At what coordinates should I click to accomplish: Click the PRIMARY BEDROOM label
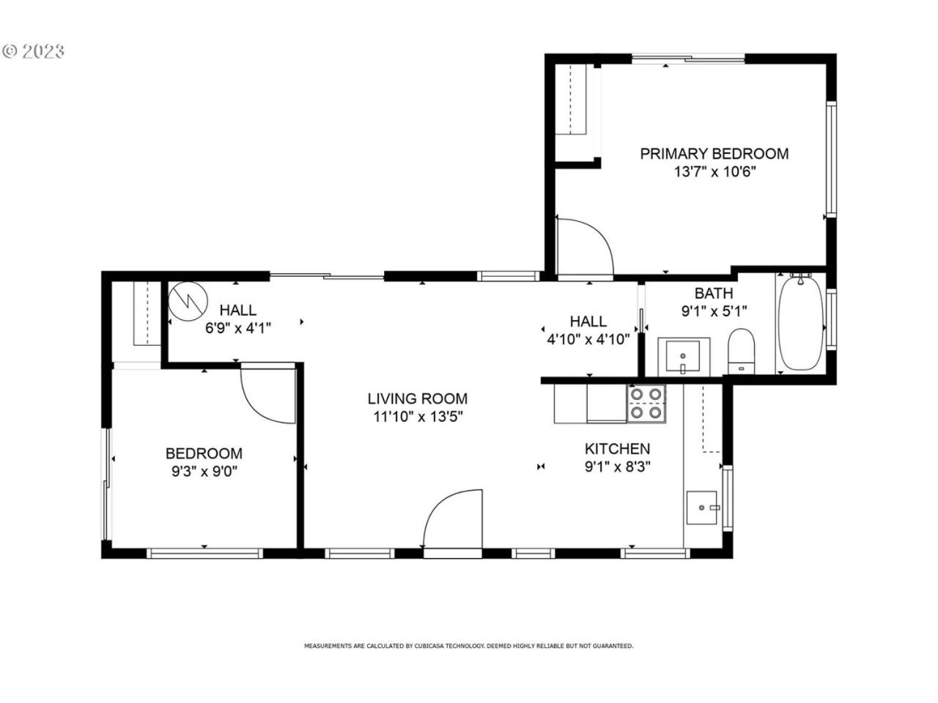click(x=714, y=154)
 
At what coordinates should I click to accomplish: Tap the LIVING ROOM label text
click(x=418, y=398)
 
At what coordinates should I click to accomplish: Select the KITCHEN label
click(x=617, y=449)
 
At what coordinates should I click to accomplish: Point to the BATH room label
click(x=714, y=293)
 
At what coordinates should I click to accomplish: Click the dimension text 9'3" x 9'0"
click(x=204, y=472)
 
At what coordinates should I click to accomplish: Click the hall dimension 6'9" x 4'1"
click(x=238, y=328)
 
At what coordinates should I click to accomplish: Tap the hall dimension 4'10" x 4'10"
click(x=588, y=339)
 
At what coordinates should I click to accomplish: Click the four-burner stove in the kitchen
click(x=646, y=403)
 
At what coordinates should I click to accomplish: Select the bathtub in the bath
click(x=800, y=324)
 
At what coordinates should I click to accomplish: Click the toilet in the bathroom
click(x=741, y=351)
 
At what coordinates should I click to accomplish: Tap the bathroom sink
click(x=683, y=356)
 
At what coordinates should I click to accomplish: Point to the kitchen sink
click(x=702, y=507)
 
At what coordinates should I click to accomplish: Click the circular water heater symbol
click(x=188, y=302)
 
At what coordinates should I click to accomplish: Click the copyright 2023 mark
click(x=33, y=51)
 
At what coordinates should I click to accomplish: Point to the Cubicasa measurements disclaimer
click(x=468, y=646)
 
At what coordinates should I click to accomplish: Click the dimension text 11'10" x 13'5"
click(x=418, y=417)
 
